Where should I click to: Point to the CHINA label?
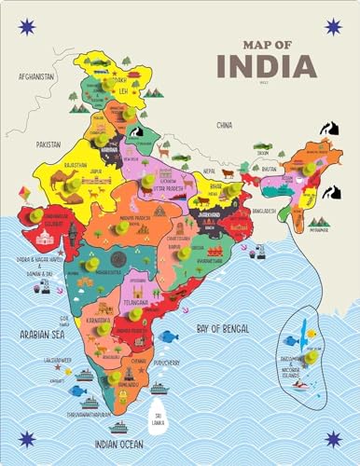coord(223,124)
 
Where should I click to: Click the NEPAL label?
coord(211,172)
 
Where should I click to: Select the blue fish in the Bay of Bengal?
coord(168,336)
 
